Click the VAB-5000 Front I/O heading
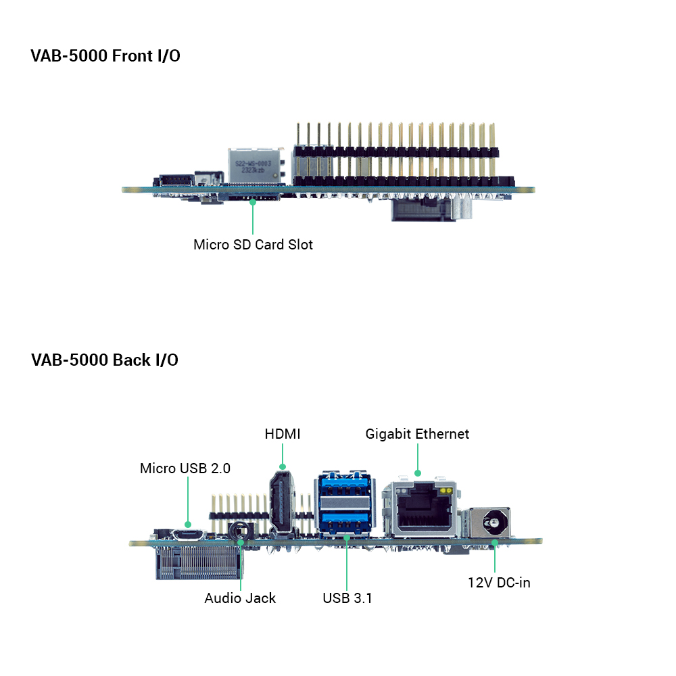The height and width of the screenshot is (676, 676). point(105,56)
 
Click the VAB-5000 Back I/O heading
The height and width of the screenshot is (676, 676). point(104,360)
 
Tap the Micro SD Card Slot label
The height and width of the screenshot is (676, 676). point(253,245)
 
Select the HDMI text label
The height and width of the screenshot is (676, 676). point(283,434)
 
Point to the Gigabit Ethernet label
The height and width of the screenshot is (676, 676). point(417,434)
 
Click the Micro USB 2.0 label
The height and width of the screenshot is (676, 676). point(185,468)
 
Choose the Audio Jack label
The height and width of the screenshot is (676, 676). point(240,598)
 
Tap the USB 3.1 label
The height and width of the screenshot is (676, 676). point(347,598)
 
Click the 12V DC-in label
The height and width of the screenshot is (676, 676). point(500,583)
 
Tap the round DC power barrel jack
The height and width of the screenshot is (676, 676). point(493,523)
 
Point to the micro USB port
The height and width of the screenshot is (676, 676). point(187,535)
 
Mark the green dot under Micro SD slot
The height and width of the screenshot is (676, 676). point(253,201)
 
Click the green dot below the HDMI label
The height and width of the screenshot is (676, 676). point(283,466)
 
